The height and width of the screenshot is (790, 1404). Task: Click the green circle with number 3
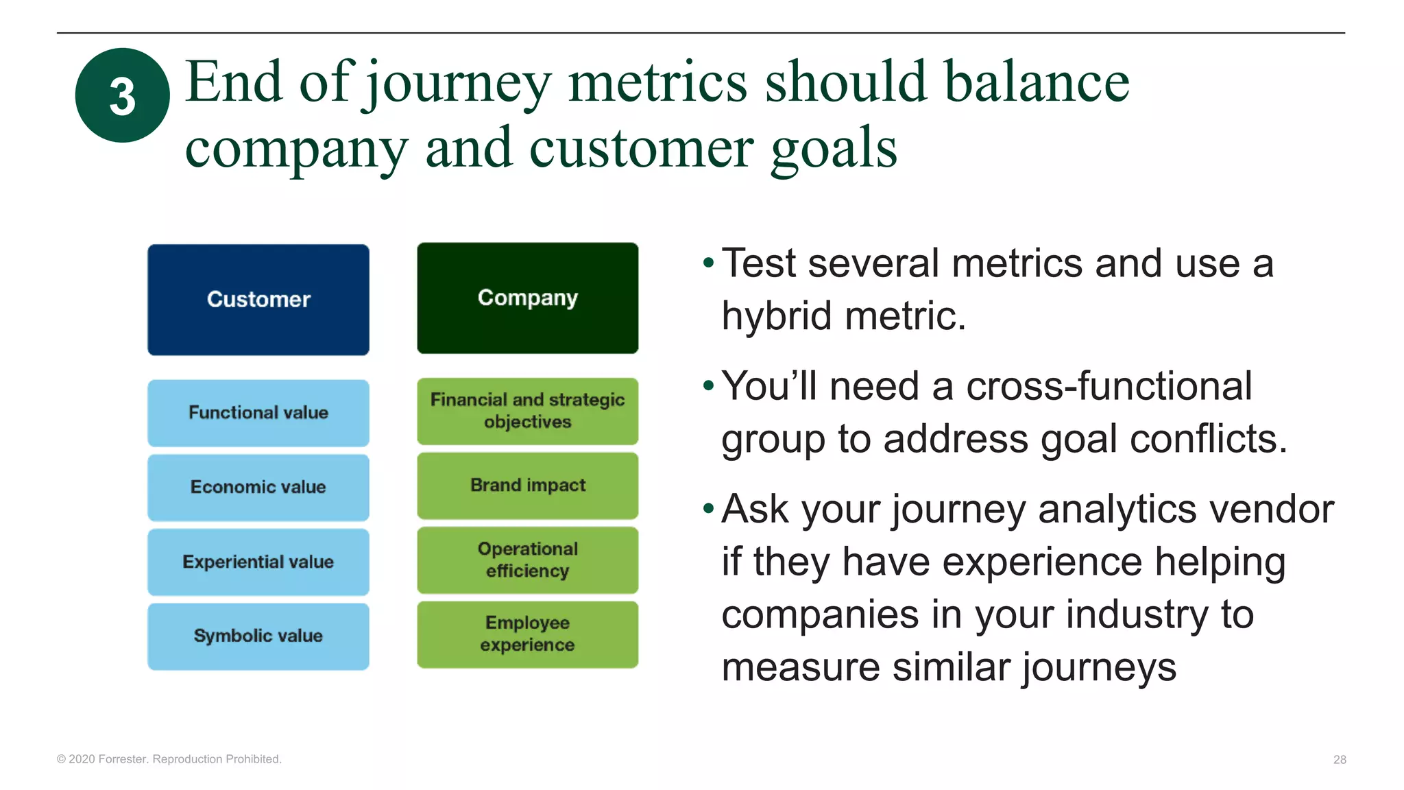point(122,95)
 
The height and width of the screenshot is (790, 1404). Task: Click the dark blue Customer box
point(258,300)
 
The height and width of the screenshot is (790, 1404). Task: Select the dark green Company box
point(527,298)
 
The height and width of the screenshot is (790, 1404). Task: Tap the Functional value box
point(258,413)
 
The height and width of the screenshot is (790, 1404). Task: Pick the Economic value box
point(258,488)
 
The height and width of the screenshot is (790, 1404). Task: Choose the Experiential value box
point(258,562)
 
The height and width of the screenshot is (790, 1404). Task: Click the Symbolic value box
point(258,636)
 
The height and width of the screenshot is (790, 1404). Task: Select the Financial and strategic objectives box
point(527,411)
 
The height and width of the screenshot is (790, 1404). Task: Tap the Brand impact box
point(527,486)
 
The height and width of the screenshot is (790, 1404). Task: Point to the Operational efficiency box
point(527,560)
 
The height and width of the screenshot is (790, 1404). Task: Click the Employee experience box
point(527,634)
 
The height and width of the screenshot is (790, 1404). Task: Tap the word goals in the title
point(834,149)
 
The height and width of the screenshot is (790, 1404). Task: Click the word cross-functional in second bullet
point(1109,386)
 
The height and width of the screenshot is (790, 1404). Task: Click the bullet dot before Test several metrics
point(708,263)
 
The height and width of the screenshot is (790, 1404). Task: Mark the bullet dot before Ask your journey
point(708,509)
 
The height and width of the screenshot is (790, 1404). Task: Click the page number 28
point(1340,759)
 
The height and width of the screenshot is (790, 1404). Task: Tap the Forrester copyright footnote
point(169,758)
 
